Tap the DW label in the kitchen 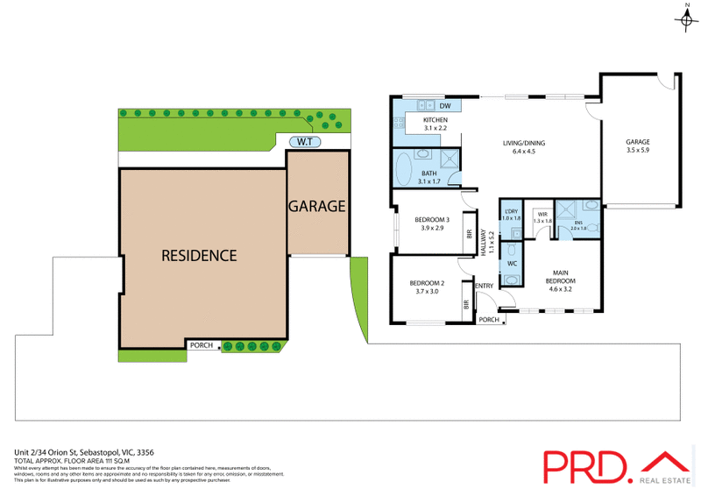pyautogui.click(x=444, y=106)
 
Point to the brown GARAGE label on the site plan pyautogui.click(x=316, y=207)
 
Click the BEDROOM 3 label pyautogui.click(x=432, y=219)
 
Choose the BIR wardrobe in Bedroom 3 pyautogui.click(x=470, y=234)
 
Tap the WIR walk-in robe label pyautogui.click(x=543, y=216)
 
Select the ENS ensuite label pyautogui.click(x=578, y=224)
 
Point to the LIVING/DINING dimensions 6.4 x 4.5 pyautogui.click(x=518, y=152)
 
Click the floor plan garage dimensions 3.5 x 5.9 pyautogui.click(x=638, y=152)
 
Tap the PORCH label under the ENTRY pyautogui.click(x=488, y=320)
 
